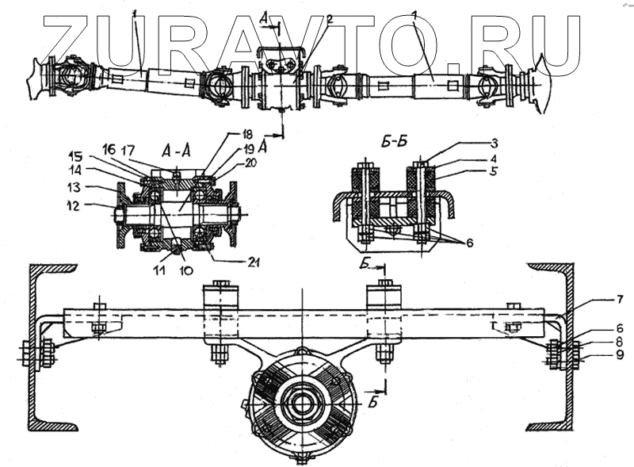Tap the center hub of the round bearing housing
click(302, 401)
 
